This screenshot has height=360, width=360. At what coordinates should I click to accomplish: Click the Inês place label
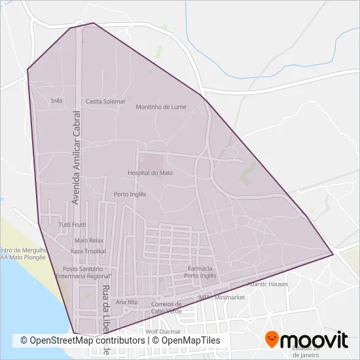[x=56, y=101]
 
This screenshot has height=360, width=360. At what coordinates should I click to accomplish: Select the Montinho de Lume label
[x=161, y=107]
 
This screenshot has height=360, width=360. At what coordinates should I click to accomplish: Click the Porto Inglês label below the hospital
[x=130, y=194]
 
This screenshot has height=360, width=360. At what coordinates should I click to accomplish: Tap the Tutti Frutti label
[x=72, y=225]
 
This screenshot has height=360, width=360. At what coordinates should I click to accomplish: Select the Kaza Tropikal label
[x=88, y=251]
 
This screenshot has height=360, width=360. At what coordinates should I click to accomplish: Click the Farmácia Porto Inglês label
[x=200, y=272]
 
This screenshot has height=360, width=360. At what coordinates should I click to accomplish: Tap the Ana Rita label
[x=126, y=302]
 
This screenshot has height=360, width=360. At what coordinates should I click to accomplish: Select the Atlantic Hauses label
[x=267, y=284]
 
